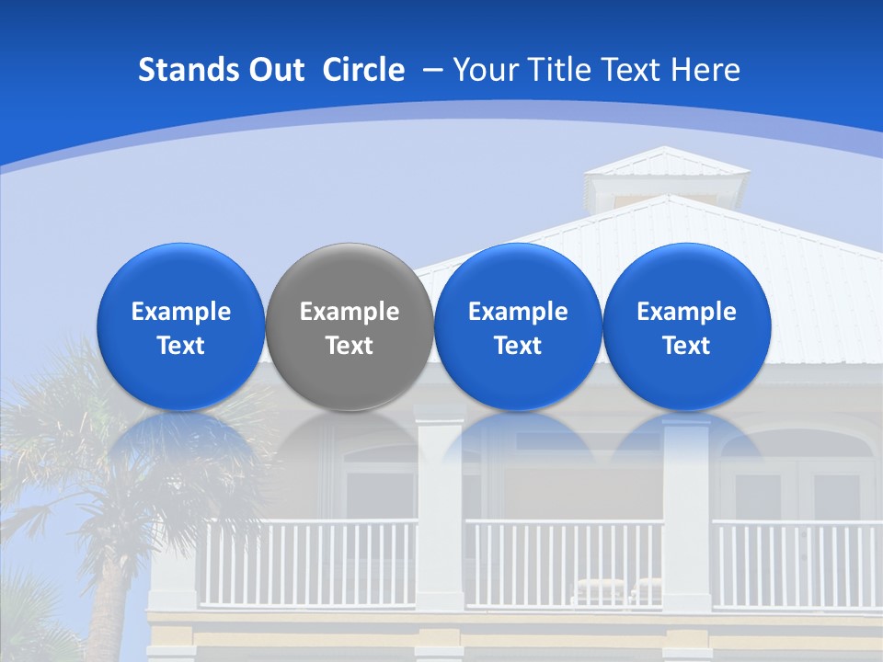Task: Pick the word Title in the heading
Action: coord(558,70)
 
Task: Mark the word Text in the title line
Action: coord(634,70)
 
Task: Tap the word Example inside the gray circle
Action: coord(349,313)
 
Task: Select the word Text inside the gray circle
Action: coord(349,347)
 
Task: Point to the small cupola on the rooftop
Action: coord(667,179)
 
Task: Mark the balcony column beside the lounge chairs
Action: coord(686,515)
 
